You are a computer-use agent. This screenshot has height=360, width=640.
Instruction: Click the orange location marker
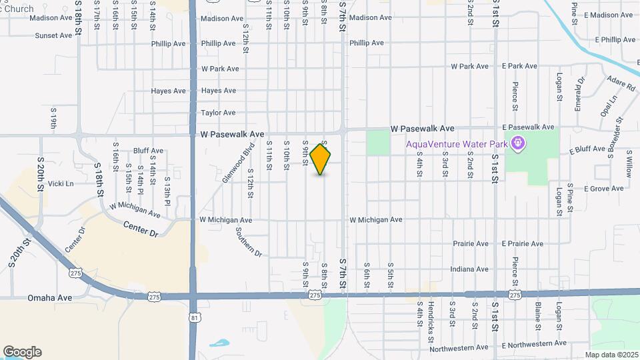(321, 159)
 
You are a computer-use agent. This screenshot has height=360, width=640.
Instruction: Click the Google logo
(22, 352)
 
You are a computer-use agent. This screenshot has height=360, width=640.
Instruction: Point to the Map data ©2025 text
(612, 355)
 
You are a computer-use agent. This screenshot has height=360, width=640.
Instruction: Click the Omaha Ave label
(50, 297)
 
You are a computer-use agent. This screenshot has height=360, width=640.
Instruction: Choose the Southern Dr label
(249, 241)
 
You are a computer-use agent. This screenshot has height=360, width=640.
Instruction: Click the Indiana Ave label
(469, 269)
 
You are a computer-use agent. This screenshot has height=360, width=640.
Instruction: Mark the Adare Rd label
(620, 84)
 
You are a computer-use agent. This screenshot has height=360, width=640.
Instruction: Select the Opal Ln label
(609, 106)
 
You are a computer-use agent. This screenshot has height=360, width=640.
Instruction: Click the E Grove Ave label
(603, 189)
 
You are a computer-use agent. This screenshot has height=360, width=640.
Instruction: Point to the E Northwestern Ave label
(534, 344)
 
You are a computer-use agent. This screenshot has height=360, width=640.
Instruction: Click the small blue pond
(219, 344)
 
